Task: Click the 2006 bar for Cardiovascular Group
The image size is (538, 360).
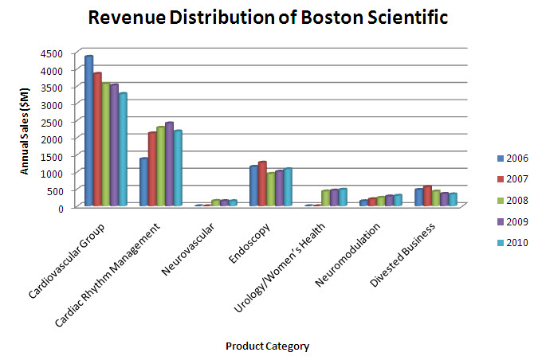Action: point(89,131)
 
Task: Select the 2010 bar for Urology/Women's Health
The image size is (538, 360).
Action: point(343,198)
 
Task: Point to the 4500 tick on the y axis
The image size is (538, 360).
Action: point(50,53)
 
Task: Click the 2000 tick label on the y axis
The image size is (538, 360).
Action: point(50,139)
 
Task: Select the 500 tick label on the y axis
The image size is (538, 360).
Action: point(54,190)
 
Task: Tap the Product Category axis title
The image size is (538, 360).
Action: point(267,346)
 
